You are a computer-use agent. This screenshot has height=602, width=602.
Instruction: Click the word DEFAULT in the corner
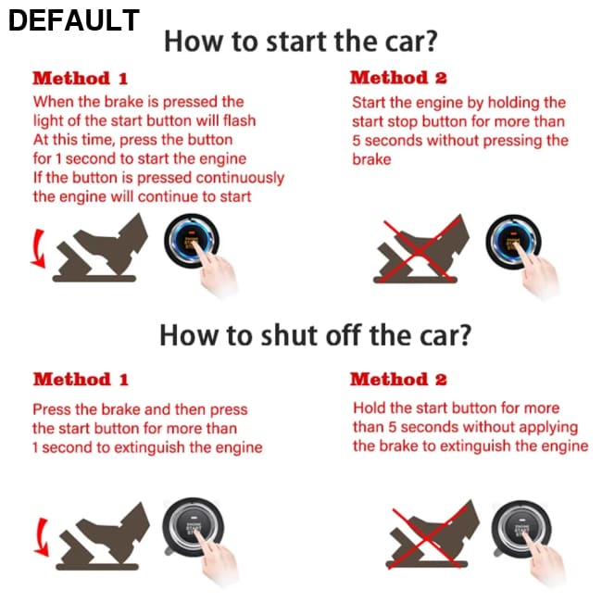click(x=74, y=20)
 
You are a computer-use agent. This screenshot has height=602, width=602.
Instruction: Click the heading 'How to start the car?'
click(x=301, y=41)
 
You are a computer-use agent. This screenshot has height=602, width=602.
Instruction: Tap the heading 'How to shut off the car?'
click(x=315, y=335)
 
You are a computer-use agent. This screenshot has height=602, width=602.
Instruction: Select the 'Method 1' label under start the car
click(x=80, y=79)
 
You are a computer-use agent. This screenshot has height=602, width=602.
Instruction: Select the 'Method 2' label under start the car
click(x=398, y=78)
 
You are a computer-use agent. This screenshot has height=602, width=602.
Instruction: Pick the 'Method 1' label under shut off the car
click(x=81, y=380)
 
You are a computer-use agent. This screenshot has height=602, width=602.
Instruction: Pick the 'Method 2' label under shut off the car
click(x=398, y=380)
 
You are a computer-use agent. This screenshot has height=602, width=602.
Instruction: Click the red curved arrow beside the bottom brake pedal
click(x=41, y=537)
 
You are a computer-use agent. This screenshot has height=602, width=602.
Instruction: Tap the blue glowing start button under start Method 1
click(x=192, y=241)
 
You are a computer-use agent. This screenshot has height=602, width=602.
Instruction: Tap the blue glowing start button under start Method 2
click(x=513, y=242)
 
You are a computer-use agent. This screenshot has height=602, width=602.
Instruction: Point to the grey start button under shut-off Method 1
click(x=193, y=527)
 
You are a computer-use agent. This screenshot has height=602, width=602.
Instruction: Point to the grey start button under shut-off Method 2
click(x=521, y=529)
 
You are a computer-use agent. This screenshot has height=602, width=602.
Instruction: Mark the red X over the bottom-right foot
click(x=429, y=537)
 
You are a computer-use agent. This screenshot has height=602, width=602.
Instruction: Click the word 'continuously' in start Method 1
click(x=240, y=179)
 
